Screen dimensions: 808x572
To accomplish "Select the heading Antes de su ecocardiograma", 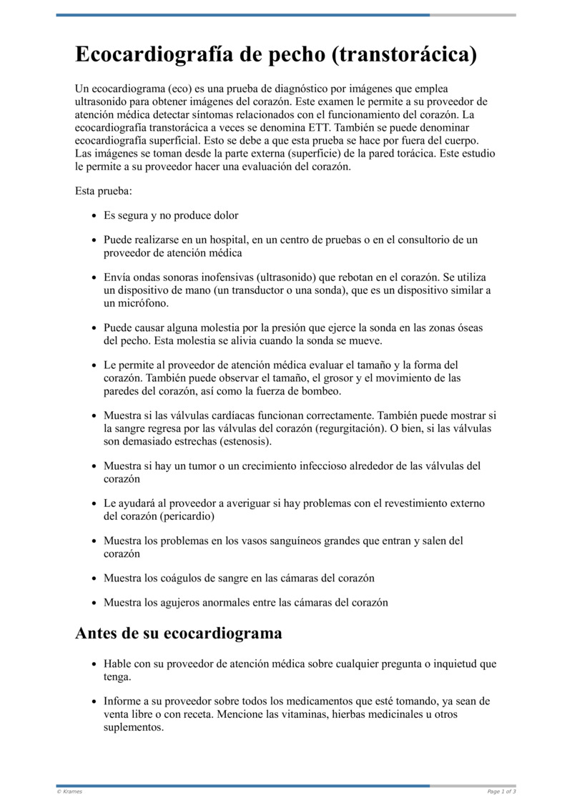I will coord(178,633).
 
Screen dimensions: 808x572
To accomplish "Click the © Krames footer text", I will coord(69,792).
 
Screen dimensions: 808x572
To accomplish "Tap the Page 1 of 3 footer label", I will coord(501,792).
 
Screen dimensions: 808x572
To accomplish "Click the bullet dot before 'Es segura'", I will coord(94,216).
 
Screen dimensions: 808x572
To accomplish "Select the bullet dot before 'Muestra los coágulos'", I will coord(94,578).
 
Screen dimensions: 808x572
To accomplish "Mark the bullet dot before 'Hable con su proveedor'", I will coord(94,664).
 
